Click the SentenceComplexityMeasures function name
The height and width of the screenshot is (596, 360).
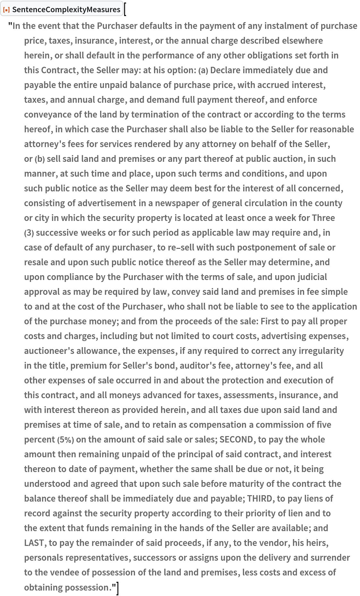tap(66, 10)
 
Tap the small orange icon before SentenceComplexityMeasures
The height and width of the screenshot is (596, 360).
tap(6, 10)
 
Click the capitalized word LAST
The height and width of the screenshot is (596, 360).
tap(34, 543)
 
